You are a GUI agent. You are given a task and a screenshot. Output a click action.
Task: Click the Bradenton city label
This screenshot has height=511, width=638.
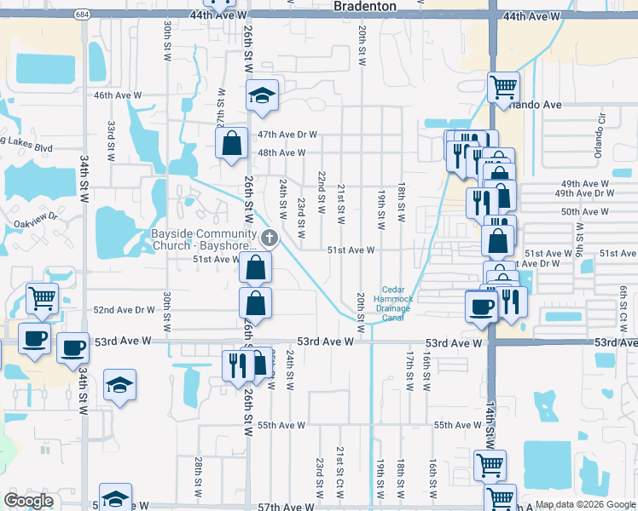tap(365, 6)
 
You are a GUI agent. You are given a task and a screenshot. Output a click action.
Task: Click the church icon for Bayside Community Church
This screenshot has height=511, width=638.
tap(270, 238)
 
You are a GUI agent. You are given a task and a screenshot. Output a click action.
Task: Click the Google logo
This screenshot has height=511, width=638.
tap(28, 501)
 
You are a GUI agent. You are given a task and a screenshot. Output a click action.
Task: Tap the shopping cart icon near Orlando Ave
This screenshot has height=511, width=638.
tap(503, 87)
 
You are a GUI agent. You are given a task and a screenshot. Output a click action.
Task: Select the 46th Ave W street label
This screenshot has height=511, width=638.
tap(116, 95)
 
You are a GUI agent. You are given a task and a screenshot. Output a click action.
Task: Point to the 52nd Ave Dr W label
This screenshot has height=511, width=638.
tap(124, 310)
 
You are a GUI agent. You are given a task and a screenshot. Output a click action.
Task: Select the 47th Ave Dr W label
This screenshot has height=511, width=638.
tap(287, 135)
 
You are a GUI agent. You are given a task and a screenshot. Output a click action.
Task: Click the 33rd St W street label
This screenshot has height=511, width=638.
tap(111, 141)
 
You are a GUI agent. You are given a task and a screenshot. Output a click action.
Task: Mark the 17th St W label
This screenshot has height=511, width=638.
tap(409, 370)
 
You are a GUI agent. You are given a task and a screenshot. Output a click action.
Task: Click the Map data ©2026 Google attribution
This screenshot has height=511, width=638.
tap(584, 504)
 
